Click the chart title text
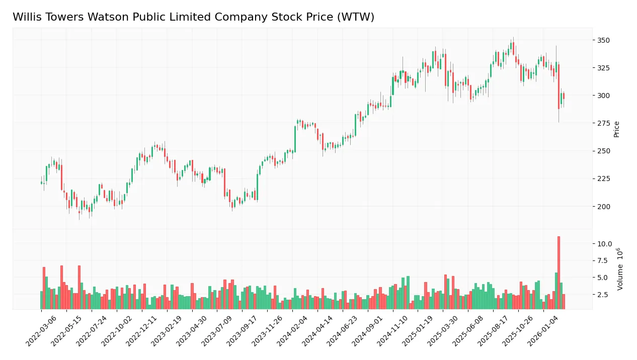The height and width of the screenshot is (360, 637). [x=193, y=17]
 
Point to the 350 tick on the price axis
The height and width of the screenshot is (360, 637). [x=603, y=40]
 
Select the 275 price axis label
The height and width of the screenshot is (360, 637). [x=603, y=123]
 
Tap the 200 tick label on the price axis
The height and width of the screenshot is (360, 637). [x=603, y=207]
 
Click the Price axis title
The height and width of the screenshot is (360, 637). [x=616, y=129]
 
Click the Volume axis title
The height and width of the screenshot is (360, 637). [x=620, y=268]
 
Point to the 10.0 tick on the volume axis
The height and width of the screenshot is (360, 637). [x=604, y=244]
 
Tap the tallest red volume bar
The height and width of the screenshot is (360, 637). [x=559, y=273]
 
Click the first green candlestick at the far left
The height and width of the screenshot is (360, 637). [x=41, y=183]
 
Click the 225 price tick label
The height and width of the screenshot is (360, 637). [x=603, y=179]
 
